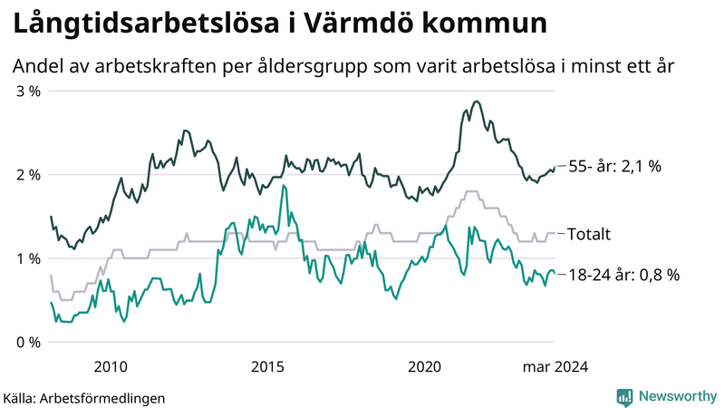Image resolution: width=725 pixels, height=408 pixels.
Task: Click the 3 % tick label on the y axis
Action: click(x=27, y=92)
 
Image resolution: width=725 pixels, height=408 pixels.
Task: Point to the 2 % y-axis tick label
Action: click(x=27, y=175)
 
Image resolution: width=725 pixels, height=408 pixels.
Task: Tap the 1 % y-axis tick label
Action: click(x=27, y=259)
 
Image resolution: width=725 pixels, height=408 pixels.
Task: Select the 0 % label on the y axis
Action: click(x=27, y=343)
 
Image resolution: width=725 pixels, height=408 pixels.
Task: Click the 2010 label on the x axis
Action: click(x=110, y=366)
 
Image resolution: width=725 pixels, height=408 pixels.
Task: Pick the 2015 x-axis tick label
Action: click(x=267, y=366)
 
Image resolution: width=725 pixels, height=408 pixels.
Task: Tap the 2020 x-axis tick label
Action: click(x=425, y=366)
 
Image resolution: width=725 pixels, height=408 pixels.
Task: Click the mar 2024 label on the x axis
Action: click(x=556, y=366)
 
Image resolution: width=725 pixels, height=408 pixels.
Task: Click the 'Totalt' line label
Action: click(x=588, y=234)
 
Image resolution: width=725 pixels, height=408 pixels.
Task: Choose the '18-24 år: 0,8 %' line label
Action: click(x=623, y=274)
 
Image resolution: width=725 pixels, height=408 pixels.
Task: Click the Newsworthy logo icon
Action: click(x=624, y=396)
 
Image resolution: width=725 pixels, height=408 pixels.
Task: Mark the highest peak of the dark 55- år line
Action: click(x=477, y=102)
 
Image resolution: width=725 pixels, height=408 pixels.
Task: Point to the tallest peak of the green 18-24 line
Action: click(x=285, y=186)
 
